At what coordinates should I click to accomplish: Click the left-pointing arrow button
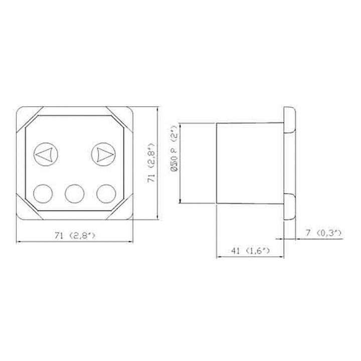tap(45, 154)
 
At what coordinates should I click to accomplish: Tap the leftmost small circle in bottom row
tap(43, 192)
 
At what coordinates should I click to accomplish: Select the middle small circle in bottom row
tap(75, 192)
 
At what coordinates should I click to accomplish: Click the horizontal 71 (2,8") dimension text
tap(75, 235)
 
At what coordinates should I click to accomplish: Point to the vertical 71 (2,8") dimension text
tap(150, 164)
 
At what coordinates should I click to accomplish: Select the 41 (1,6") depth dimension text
tap(250, 252)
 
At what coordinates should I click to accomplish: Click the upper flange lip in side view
tap(290, 119)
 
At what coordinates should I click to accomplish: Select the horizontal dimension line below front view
tap(75, 242)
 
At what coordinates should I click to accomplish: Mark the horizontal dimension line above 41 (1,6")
tap(250, 258)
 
